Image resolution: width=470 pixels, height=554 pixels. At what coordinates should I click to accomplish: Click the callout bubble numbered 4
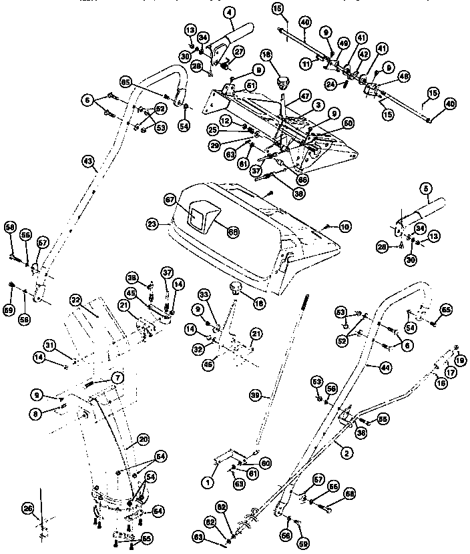click(x=211, y=11)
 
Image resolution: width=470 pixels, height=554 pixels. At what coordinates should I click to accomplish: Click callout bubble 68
click(x=233, y=232)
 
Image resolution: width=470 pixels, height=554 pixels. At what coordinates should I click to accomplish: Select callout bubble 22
click(x=75, y=300)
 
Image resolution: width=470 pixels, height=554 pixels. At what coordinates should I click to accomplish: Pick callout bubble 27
click(x=238, y=51)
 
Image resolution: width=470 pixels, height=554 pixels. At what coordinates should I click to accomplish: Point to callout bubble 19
click(x=459, y=360)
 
